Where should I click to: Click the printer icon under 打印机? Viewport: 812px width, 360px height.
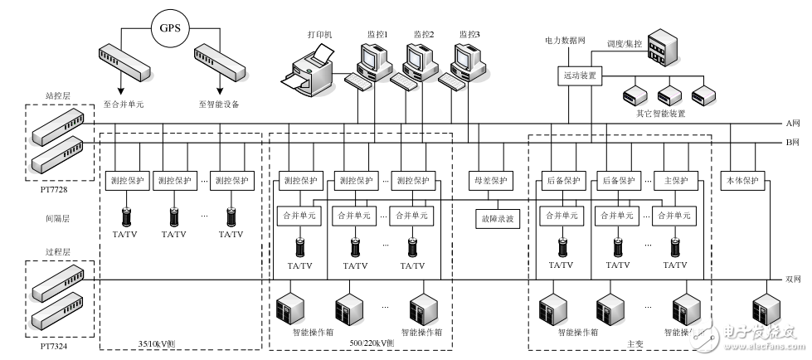click(309, 71)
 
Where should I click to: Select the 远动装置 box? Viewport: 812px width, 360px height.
click(579, 75)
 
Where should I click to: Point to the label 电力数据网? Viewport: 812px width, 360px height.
click(565, 39)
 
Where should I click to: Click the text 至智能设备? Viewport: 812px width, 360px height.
click(220, 104)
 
